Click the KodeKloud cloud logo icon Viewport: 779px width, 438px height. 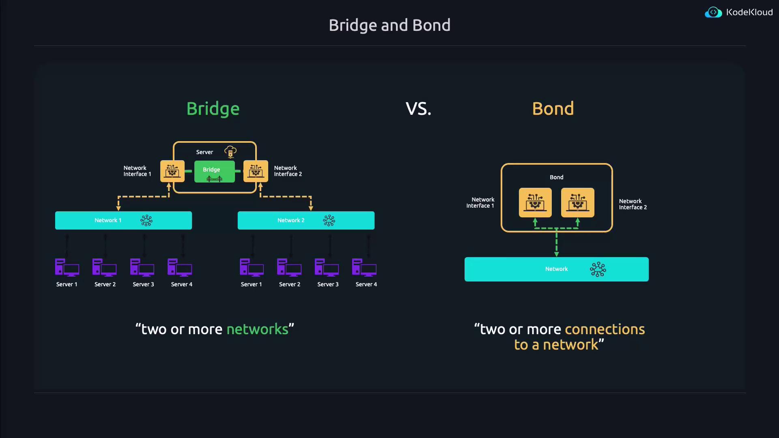coord(713,13)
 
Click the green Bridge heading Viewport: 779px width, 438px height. coord(213,109)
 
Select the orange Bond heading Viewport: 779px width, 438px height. coord(553,109)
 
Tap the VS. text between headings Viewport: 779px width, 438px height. coord(418,109)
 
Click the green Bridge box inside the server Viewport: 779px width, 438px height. coord(214,172)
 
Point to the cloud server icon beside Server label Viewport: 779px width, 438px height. coord(230,152)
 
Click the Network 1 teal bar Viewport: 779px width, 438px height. coord(123,220)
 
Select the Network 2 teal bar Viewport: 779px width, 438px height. coord(306,220)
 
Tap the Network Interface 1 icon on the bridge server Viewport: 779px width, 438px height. coord(172,171)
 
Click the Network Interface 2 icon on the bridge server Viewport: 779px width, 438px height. coord(256,171)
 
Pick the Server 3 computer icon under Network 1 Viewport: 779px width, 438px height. coord(142,268)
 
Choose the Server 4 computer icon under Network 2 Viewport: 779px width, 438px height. coord(364,268)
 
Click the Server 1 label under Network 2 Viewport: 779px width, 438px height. coord(251,284)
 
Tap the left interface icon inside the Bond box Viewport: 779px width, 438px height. coord(535,202)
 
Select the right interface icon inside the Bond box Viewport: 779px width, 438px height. coord(577,202)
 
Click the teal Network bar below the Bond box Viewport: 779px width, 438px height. coord(556,269)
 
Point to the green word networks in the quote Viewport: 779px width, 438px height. coord(257,329)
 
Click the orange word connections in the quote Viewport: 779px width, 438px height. coord(605,329)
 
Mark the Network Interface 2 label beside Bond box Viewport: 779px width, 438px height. coord(633,204)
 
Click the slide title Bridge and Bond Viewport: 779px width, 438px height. coord(389,25)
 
